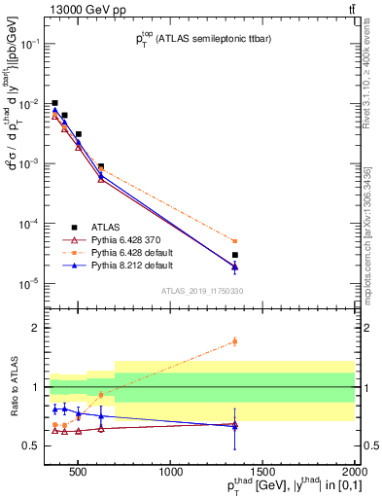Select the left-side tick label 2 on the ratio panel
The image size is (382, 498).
36,328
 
